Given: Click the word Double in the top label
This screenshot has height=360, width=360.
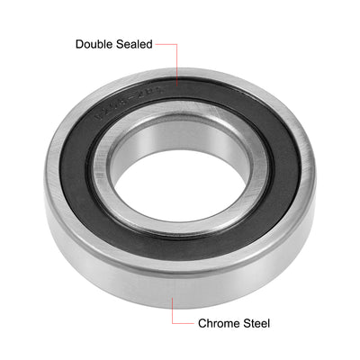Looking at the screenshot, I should click(96, 43).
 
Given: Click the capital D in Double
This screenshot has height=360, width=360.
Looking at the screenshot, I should click(80, 43).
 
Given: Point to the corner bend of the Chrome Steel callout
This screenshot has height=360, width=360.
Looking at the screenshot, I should click(174, 322).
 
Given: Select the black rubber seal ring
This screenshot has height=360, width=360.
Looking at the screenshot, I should click(81, 180).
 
